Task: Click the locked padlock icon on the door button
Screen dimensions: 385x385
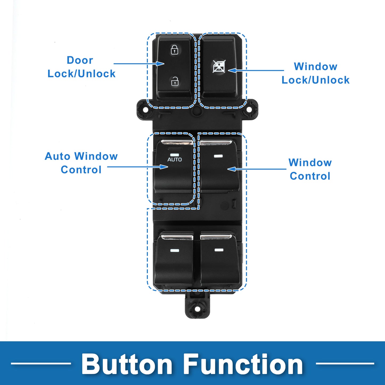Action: point(175,50)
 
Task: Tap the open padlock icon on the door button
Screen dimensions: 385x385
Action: point(175,81)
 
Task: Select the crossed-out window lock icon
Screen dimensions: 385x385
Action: point(219,66)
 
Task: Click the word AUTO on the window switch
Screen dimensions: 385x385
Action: point(175,159)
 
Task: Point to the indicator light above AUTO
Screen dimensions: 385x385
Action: point(175,155)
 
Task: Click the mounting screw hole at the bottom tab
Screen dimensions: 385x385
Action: point(197,309)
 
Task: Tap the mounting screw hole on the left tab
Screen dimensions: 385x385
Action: point(146,110)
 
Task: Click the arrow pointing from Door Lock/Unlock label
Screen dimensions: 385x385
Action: point(139,64)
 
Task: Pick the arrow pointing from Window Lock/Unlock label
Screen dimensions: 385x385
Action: point(256,70)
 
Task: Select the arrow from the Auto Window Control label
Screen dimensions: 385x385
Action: point(138,167)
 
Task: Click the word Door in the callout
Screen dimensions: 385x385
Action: point(80,60)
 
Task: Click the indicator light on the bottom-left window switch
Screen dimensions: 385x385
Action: point(175,250)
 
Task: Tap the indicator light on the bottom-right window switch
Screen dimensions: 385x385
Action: point(218,250)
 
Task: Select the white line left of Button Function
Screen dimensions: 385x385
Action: point(41,363)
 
